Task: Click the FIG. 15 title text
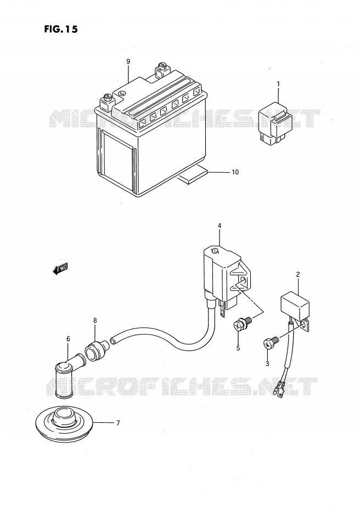tap(61, 29)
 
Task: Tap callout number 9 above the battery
tap(128, 61)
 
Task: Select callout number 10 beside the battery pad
tap(235, 172)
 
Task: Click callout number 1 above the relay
tap(278, 84)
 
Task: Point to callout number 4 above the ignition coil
tap(220, 225)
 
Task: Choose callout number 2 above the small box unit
tap(298, 275)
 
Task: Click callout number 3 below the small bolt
tap(267, 364)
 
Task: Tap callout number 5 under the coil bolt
tap(238, 348)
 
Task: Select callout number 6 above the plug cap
tap(68, 339)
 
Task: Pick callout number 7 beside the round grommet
tap(118, 423)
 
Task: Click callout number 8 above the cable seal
tap(95, 321)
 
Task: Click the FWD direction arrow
tap(60, 269)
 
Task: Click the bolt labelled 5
tap(242, 324)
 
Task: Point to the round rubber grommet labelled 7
tap(64, 424)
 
